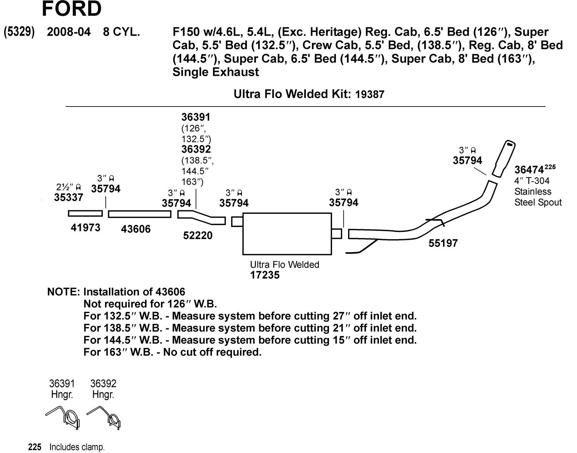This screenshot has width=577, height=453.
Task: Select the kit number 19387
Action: point(370,94)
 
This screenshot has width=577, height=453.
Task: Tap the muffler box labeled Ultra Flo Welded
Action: point(287,233)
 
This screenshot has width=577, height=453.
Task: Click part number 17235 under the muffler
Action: point(265,275)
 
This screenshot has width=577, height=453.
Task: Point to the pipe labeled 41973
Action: point(85,213)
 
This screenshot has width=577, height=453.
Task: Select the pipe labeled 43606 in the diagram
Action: point(139,214)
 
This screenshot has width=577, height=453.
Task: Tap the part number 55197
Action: point(443,243)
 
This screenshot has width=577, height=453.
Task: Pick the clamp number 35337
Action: point(68,197)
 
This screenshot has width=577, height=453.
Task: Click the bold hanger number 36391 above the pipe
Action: point(196,117)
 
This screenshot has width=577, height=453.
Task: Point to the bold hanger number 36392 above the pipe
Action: point(196,149)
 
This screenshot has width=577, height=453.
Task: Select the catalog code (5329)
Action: point(19,32)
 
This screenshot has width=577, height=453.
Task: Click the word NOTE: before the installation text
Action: point(63,292)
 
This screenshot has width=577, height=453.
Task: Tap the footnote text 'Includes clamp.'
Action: point(77,447)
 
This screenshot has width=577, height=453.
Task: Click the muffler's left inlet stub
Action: point(237,222)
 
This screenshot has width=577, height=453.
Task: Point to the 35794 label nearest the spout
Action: point(467,161)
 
